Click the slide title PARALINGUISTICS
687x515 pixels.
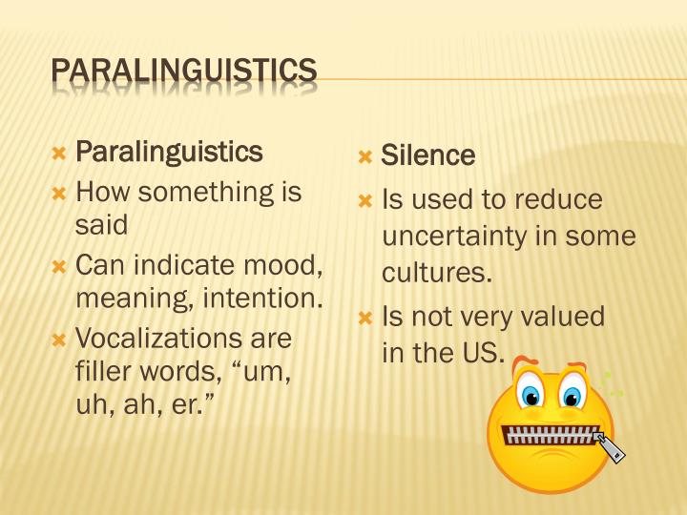click(x=183, y=71)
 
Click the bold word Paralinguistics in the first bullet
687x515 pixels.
click(x=168, y=152)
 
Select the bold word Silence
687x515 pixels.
click(x=427, y=155)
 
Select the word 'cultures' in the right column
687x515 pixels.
click(x=436, y=273)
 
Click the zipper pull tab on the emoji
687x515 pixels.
click(x=610, y=447)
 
